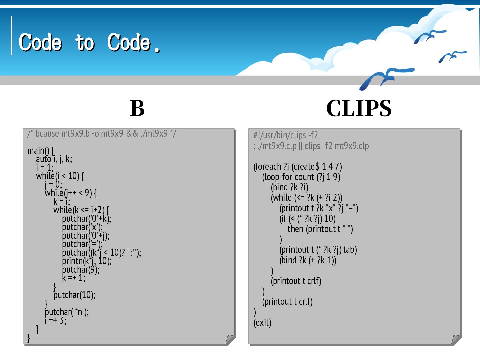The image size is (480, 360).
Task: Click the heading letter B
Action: click(137, 108)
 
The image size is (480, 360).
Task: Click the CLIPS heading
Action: click(359, 108)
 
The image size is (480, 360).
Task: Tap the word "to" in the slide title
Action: click(85, 43)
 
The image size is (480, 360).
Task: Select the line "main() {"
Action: click(41, 151)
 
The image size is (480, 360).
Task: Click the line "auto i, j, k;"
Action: click(54, 159)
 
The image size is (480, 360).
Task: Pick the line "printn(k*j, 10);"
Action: click(87, 261)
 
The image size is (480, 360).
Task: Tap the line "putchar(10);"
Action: click(74, 295)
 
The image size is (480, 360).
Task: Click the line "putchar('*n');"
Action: click(67, 312)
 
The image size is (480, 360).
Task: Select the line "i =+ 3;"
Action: click(56, 321)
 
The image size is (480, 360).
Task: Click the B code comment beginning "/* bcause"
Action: click(102, 134)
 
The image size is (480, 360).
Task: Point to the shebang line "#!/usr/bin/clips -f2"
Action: click(286, 135)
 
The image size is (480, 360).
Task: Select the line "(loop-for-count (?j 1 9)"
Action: click(301, 177)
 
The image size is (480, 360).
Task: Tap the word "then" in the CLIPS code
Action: click(295, 229)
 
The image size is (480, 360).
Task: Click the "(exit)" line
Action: click(262, 323)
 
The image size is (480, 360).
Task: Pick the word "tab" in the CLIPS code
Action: click(350, 250)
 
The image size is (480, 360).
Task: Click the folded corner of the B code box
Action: click(230, 339)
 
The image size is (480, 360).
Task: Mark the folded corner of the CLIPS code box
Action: click(456, 339)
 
